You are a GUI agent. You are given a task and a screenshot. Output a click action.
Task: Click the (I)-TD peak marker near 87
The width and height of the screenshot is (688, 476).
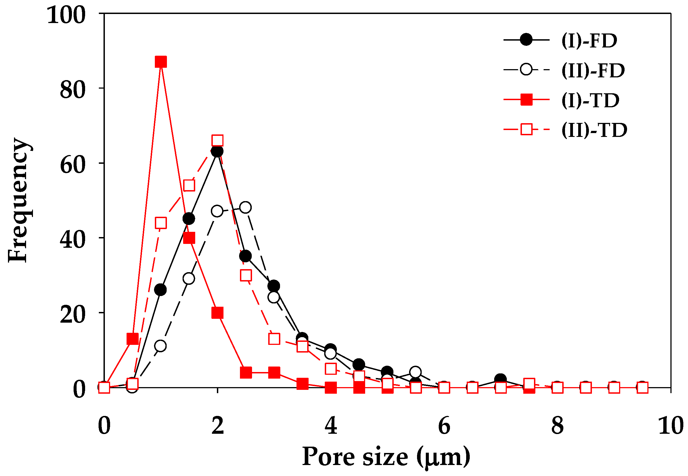161,62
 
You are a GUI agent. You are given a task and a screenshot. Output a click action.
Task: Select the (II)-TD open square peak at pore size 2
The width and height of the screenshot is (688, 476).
217,140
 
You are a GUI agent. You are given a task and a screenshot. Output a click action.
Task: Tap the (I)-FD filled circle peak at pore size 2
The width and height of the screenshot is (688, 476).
217,151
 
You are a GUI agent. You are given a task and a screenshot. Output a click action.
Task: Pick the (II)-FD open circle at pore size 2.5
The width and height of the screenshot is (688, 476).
245,207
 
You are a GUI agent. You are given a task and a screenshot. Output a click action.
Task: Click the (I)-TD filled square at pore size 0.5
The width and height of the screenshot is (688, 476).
133,339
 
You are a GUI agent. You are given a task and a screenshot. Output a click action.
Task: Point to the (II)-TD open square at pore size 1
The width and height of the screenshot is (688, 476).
161,223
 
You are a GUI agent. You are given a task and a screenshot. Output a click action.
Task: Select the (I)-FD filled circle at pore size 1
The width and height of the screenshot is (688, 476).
161,290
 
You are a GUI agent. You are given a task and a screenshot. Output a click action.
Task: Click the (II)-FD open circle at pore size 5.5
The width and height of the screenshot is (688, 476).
415,372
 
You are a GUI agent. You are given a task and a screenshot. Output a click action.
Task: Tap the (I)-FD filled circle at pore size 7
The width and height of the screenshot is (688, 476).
500,380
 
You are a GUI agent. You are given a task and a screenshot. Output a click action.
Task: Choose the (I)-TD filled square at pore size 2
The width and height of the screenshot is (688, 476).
217,313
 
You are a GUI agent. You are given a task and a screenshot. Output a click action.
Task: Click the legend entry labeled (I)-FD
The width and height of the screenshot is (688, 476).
589,41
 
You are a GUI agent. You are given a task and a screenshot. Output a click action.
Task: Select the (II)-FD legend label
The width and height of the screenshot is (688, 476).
593,71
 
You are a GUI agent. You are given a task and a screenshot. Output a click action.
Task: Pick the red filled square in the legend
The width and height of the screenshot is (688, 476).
526,100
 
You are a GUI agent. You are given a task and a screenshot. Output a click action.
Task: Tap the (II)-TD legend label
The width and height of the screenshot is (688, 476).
594,130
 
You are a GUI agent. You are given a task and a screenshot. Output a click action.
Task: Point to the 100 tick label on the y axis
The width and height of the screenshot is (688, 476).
66,15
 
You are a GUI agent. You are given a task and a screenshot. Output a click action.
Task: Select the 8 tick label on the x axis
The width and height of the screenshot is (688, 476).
557,426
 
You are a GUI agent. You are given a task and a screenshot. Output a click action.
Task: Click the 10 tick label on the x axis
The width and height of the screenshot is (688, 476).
670,426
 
